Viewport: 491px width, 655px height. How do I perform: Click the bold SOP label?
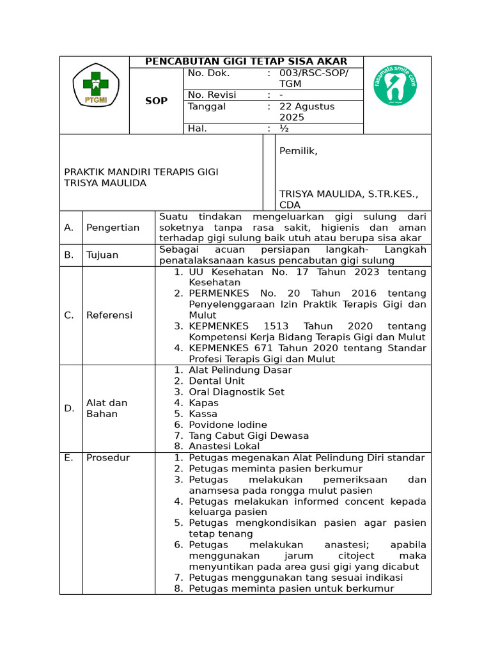[x=157, y=101]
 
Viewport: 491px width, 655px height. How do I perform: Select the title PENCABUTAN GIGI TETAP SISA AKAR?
[x=246, y=61]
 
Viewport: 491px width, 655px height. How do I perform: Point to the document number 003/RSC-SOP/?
[x=314, y=73]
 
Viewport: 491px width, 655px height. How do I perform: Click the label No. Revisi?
[x=212, y=95]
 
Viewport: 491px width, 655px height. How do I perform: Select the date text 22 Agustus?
[x=307, y=106]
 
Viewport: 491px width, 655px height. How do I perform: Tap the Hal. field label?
[x=198, y=128]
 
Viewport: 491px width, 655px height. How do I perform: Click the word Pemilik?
[x=298, y=151]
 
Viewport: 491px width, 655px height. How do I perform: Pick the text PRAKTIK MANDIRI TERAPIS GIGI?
[x=141, y=171]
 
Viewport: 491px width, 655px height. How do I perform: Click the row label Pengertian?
[x=113, y=228]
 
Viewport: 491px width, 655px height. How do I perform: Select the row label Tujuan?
[x=102, y=255]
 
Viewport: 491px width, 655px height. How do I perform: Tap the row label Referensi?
[x=109, y=315]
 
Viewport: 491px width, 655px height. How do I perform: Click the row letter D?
[x=69, y=408]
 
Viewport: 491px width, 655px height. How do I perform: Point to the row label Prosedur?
[x=108, y=457]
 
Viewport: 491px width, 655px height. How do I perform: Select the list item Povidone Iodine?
[x=228, y=425]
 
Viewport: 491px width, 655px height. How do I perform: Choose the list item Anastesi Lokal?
[x=224, y=446]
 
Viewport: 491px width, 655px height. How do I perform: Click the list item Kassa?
[x=203, y=414]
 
